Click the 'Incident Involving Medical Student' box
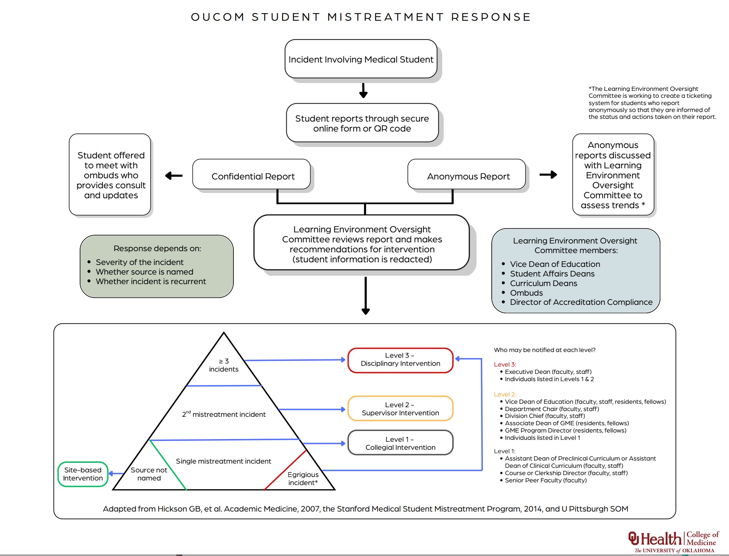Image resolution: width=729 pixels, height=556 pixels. [361, 59]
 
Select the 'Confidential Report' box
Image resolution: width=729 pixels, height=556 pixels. [253, 176]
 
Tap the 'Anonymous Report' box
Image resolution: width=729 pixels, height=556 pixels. [468, 176]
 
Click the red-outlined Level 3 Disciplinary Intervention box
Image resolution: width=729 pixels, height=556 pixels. [400, 360]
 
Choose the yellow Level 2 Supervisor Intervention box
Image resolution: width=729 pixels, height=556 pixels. [400, 409]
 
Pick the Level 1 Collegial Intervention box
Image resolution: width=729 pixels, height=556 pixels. [400, 443]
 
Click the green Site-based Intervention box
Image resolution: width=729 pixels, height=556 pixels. [83, 474]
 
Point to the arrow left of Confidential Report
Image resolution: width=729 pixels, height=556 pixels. [173, 176]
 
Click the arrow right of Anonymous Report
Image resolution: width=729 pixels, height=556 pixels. [548, 175]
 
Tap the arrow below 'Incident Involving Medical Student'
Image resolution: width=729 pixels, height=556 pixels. [363, 90]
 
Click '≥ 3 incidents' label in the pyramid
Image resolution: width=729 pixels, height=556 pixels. [224, 365]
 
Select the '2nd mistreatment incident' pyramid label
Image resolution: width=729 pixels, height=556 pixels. [224, 414]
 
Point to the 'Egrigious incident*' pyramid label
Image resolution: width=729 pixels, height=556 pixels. [303, 479]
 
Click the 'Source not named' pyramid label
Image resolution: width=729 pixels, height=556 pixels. [149, 474]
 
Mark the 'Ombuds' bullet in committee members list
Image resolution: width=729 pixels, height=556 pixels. [526, 293]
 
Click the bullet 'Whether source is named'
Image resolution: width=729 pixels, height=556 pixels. [144, 272]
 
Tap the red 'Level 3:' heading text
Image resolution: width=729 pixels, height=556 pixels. [505, 364]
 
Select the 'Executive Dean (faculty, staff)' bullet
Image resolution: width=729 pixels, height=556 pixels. [548, 372]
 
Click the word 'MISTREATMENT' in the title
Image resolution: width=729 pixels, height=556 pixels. [385, 17]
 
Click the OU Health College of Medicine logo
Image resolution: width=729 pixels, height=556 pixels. [674, 541]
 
